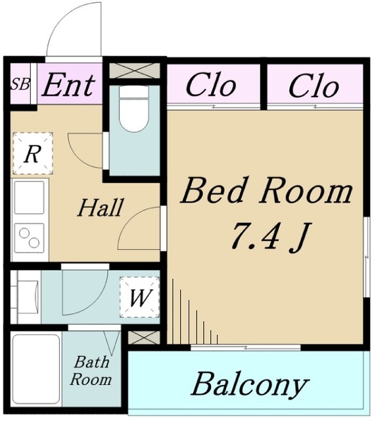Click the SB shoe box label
point(20,84)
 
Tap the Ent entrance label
point(68,86)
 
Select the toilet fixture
point(133,109)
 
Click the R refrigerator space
point(32,153)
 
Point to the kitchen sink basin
point(29,197)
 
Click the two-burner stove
point(29,238)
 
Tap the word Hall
point(101,207)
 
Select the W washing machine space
point(139,297)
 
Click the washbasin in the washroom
point(29,297)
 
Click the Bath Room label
point(91,370)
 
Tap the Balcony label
point(250,385)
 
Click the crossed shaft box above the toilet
point(135,70)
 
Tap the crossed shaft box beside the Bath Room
point(144,337)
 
